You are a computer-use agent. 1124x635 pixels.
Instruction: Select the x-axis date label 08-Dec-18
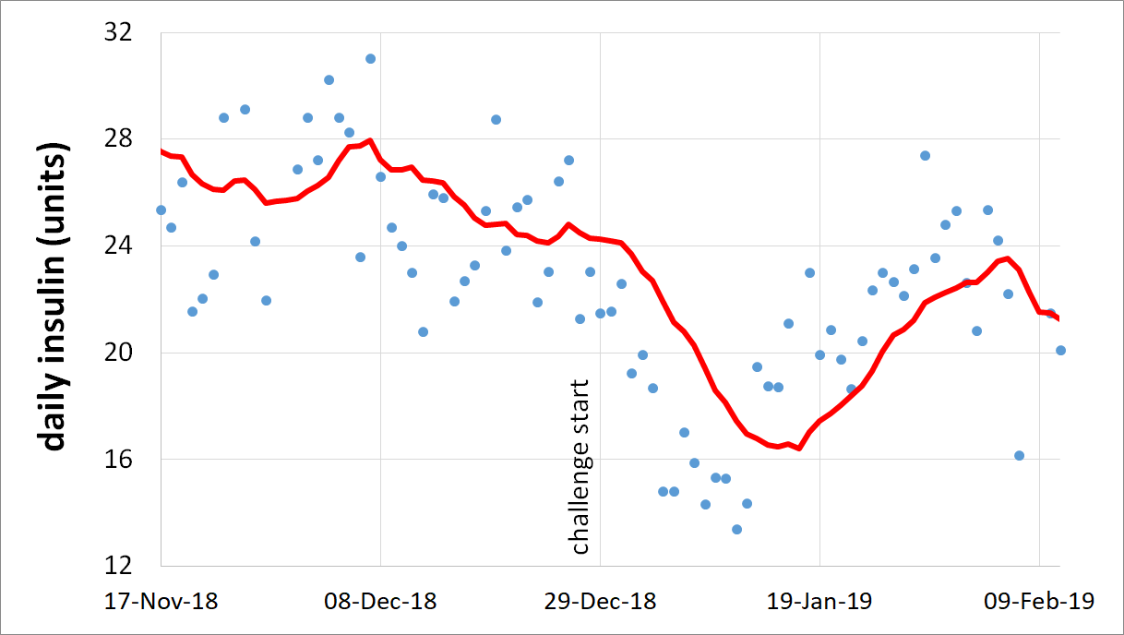[380, 602]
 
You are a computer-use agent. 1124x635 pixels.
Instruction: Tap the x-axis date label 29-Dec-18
[600, 602]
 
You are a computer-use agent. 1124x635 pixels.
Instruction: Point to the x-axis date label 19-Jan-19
[819, 602]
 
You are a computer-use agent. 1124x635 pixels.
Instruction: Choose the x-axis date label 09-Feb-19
[1039, 602]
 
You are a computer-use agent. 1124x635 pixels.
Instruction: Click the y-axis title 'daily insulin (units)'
[55, 297]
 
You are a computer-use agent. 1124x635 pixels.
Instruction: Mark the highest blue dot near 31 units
[370, 58]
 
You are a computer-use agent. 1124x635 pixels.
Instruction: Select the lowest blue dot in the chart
[736, 529]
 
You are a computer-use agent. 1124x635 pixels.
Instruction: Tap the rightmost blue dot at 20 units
[1060, 350]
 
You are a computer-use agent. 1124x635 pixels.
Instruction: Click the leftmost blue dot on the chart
[161, 210]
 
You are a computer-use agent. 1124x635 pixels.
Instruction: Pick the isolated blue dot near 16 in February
[1019, 455]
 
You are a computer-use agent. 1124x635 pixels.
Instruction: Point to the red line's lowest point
[798, 449]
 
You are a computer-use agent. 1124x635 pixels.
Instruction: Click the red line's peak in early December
[369, 140]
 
